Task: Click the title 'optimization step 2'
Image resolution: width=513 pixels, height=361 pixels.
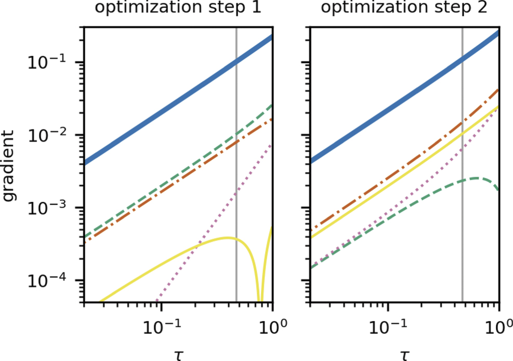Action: [405, 9]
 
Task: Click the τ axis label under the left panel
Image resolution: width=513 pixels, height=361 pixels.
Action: [178, 354]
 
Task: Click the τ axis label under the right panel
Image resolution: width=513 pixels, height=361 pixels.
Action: [404, 354]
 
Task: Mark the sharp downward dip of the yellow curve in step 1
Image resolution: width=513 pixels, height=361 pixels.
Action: [260, 299]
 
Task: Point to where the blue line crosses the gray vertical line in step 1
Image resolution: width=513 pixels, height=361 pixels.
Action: [236, 61]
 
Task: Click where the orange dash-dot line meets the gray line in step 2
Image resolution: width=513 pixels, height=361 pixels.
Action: [462, 124]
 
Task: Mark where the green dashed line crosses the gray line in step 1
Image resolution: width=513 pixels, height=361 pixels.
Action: [236, 134]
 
